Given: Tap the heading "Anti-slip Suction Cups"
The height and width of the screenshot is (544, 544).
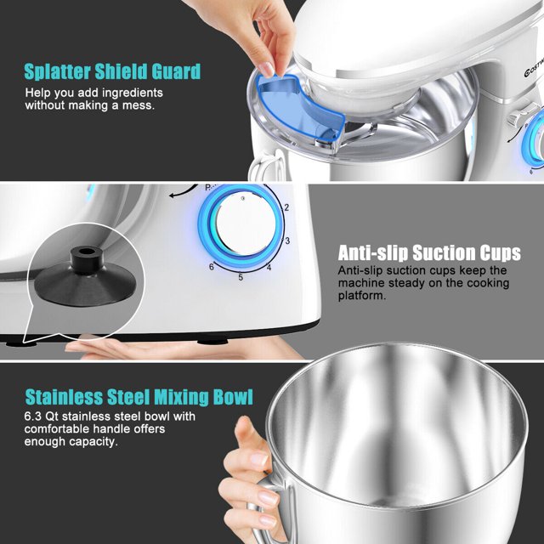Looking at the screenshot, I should [x=428, y=252].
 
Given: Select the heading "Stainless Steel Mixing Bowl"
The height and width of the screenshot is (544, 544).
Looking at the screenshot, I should [x=139, y=397].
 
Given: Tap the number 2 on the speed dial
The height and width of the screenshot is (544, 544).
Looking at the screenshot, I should [x=287, y=207].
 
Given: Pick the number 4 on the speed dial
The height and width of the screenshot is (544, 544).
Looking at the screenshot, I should [x=269, y=269].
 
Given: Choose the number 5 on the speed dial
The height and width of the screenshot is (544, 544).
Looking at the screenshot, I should [x=241, y=277].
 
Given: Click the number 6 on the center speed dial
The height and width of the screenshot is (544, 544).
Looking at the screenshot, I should [x=212, y=267].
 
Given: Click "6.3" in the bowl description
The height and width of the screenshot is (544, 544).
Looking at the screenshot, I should [x=35, y=416].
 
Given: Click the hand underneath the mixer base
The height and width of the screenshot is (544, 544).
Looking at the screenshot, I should [x=161, y=349].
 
